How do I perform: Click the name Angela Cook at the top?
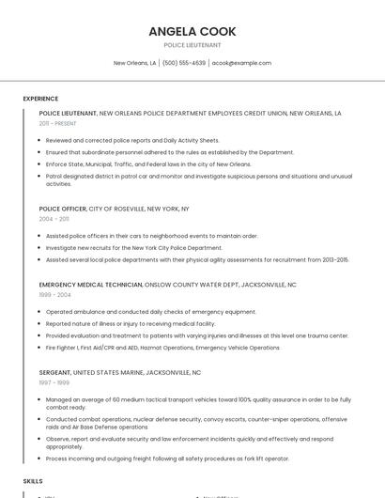(192, 32)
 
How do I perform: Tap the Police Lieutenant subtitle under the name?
(192, 45)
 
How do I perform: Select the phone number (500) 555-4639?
(183, 63)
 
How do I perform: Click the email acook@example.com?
(241, 63)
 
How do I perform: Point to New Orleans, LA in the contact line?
(134, 63)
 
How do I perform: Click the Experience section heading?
(40, 98)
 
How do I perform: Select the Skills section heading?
(33, 480)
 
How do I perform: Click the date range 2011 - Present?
(58, 123)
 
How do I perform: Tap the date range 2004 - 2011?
(54, 218)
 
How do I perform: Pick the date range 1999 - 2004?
(54, 294)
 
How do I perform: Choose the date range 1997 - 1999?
(54, 382)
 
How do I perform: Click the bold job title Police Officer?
(62, 209)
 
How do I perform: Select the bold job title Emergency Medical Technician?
(90, 285)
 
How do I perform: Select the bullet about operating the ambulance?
(150, 311)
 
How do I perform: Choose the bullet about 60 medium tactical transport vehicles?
(198, 399)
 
